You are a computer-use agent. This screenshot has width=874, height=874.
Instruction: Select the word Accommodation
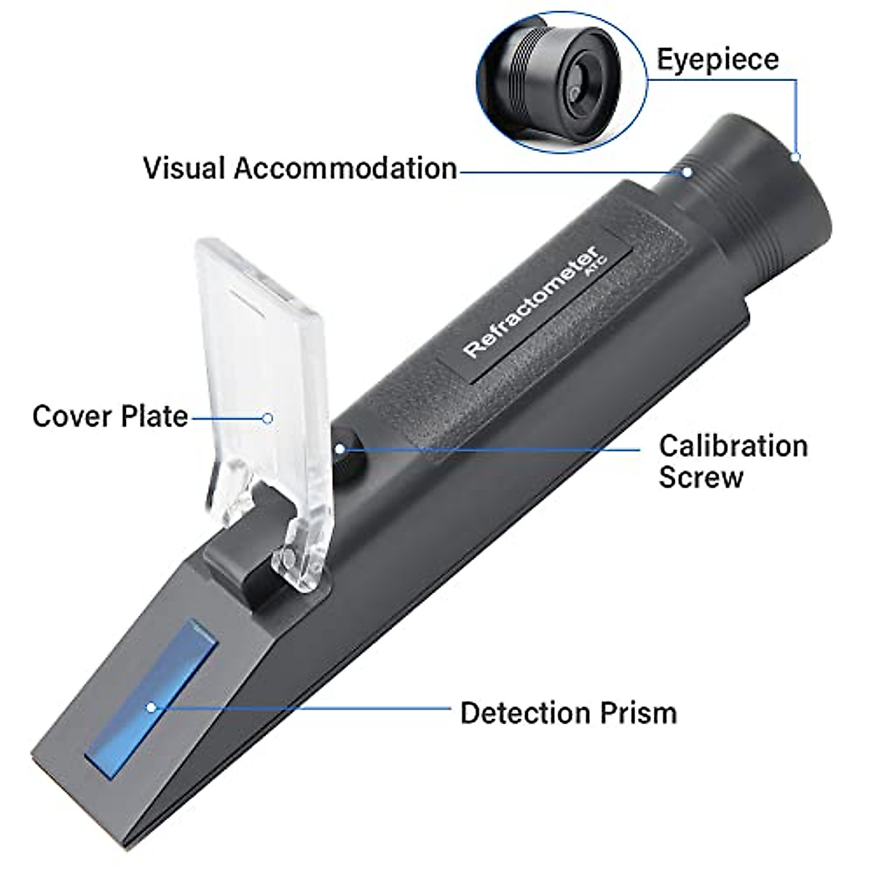(x=345, y=168)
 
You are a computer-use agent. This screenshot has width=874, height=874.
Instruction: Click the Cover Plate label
(x=110, y=417)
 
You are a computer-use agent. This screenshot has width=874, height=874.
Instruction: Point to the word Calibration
(x=733, y=446)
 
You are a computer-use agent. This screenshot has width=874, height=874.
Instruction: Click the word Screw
(x=701, y=479)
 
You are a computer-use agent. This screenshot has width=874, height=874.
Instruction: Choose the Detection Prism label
(x=568, y=713)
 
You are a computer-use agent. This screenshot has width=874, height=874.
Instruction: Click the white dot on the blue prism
(x=151, y=706)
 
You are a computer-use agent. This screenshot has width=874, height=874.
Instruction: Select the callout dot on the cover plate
(x=268, y=417)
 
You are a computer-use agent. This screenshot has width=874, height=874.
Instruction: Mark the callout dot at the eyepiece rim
(x=796, y=156)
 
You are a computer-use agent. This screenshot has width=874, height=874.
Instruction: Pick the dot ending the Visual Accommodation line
(x=686, y=172)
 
